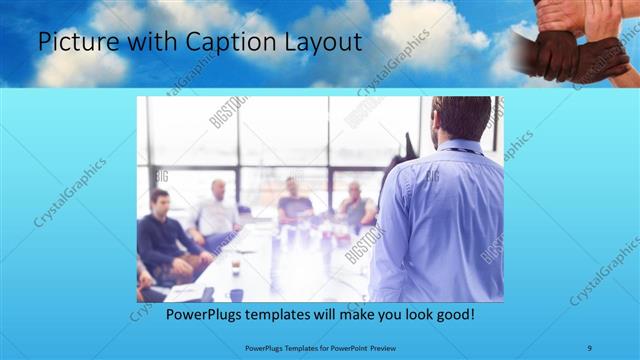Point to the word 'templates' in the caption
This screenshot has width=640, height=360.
point(283,314)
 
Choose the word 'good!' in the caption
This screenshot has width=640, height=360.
point(451,314)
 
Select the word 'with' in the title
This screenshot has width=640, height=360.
point(146,43)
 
